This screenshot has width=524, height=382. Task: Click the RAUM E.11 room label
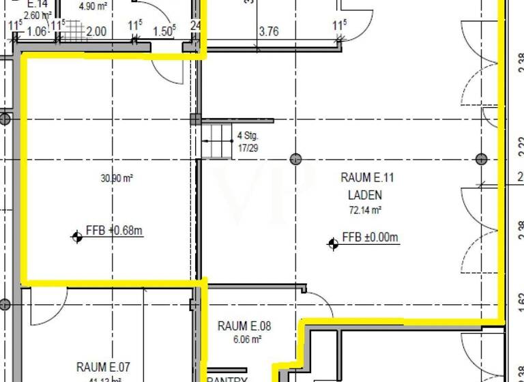click(368, 178)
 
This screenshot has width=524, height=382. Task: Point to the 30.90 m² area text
click(117, 179)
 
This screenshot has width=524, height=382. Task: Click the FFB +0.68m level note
click(114, 231)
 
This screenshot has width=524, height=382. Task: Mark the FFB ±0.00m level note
click(370, 237)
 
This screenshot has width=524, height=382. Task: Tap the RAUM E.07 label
click(103, 368)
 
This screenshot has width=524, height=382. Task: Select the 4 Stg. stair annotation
click(247, 135)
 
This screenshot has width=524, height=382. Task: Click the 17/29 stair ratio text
click(247, 147)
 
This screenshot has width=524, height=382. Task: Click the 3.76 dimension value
click(269, 31)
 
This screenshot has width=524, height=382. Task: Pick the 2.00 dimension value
click(96, 31)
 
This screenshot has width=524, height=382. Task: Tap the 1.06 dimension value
click(38, 31)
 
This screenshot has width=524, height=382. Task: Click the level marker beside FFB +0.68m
click(77, 237)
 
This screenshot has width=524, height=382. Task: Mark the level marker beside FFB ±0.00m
click(333, 244)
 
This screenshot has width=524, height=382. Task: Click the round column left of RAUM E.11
click(295, 159)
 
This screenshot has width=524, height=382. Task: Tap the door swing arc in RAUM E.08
click(317, 304)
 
